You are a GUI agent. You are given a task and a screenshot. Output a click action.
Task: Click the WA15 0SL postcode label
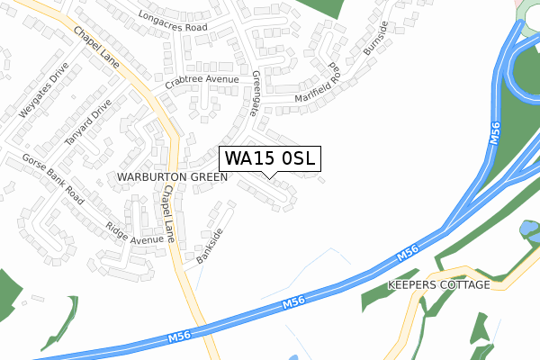click(x=270, y=158)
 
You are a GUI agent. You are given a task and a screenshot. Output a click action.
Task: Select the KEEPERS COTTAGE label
click(x=438, y=284)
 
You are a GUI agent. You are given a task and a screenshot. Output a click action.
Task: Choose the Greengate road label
click(x=259, y=94)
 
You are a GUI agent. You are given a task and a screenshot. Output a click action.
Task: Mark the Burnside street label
click(x=374, y=39)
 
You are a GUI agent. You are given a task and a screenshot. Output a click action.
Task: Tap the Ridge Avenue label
click(x=134, y=234)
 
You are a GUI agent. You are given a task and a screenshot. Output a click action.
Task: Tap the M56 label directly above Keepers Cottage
click(x=407, y=255)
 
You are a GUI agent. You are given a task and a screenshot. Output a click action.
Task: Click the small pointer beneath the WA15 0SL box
click(x=270, y=174)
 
